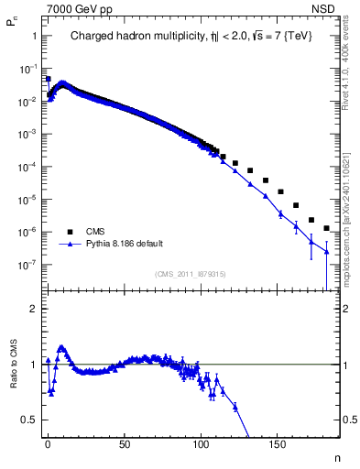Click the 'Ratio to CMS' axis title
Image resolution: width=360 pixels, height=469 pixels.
(x=14, y=365)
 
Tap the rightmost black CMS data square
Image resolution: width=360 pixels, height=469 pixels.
(x=326, y=228)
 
